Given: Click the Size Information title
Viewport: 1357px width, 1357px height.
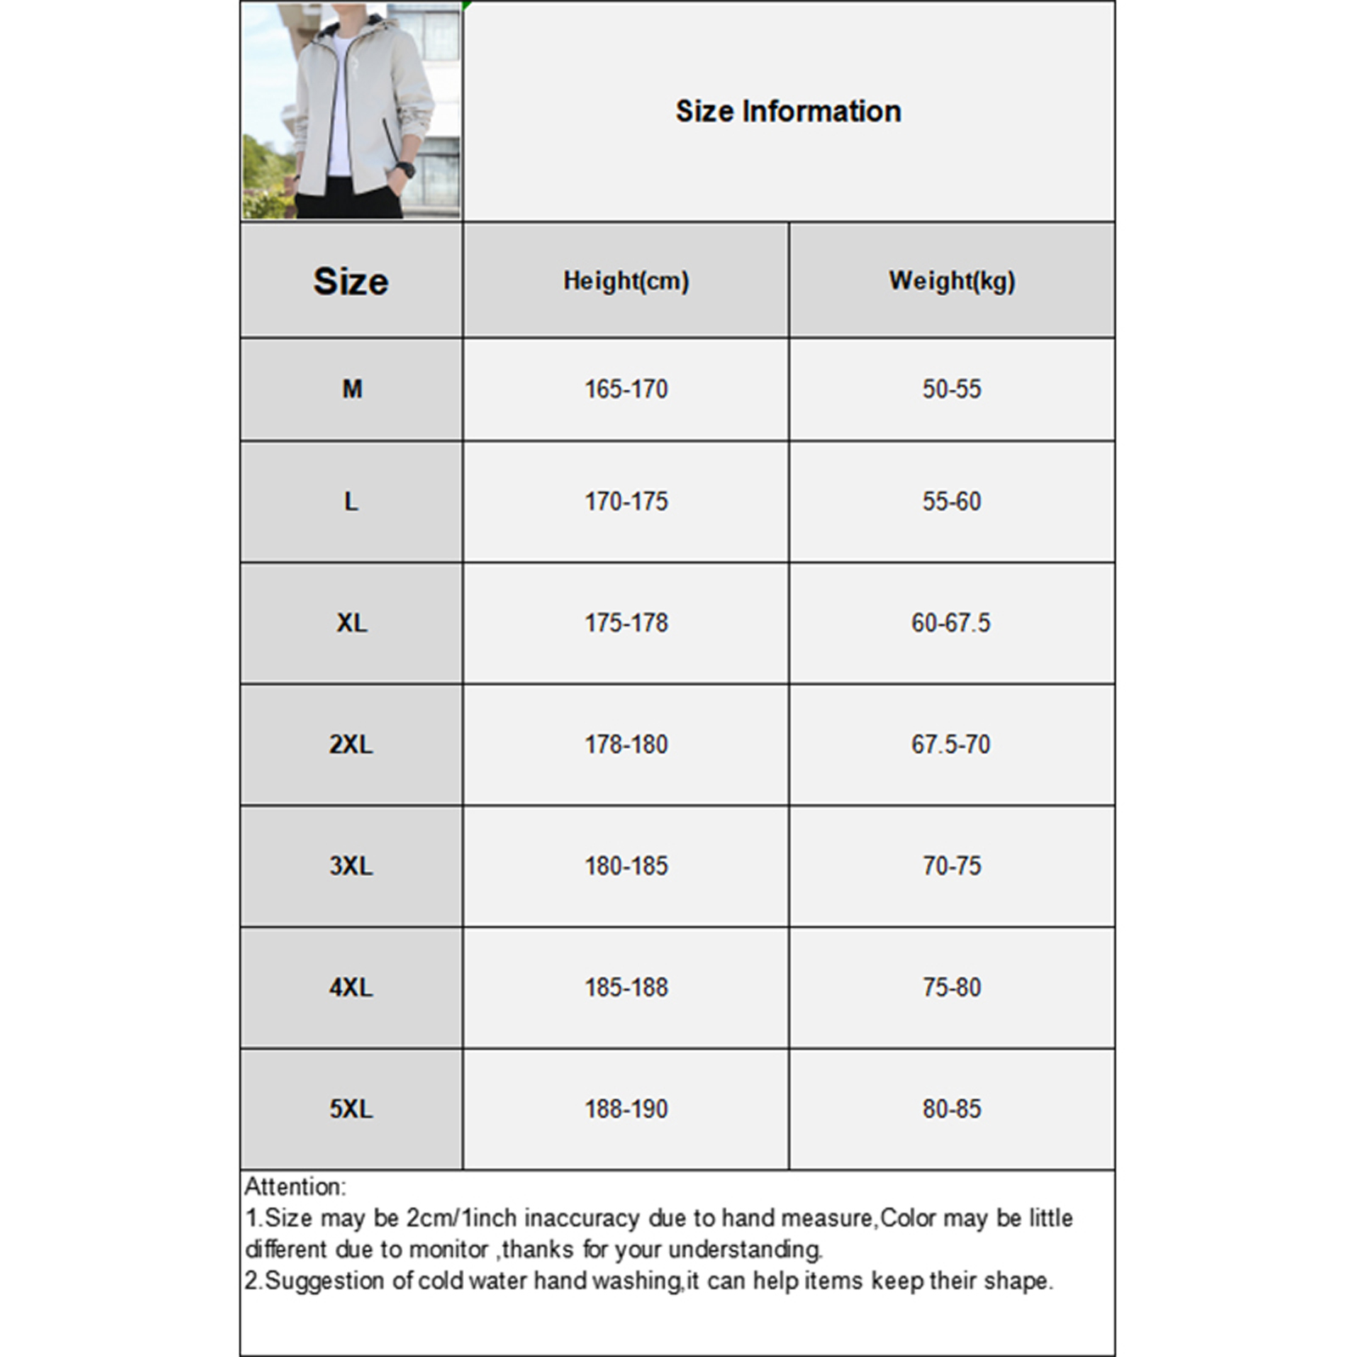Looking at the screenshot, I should [x=788, y=111].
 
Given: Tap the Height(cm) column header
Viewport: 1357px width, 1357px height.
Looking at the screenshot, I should [x=626, y=281].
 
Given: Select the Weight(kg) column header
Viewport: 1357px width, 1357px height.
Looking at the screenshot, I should [x=952, y=281].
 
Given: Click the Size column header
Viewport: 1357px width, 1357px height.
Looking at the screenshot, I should [x=350, y=282].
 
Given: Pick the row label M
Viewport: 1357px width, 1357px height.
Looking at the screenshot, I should [x=352, y=389].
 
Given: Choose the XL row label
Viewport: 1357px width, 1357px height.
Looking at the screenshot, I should [x=352, y=623].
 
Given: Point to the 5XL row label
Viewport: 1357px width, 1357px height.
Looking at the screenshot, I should [x=351, y=1109].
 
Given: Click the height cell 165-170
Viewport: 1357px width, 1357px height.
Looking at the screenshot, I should [x=626, y=389].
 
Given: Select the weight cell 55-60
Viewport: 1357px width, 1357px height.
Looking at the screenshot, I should [x=952, y=501].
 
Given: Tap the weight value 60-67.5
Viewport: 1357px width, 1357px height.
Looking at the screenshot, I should [x=951, y=623].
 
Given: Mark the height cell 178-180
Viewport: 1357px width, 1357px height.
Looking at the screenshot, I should [x=626, y=745].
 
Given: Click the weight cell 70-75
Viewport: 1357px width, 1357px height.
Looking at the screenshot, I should [x=952, y=866].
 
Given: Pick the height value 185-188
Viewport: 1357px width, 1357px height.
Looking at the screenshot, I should [x=626, y=987].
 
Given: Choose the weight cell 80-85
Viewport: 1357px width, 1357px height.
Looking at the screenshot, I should [x=952, y=1109].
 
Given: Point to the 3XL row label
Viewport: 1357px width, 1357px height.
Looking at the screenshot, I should [x=351, y=866].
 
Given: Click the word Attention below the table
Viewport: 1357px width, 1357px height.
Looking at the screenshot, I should [x=294, y=1187].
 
